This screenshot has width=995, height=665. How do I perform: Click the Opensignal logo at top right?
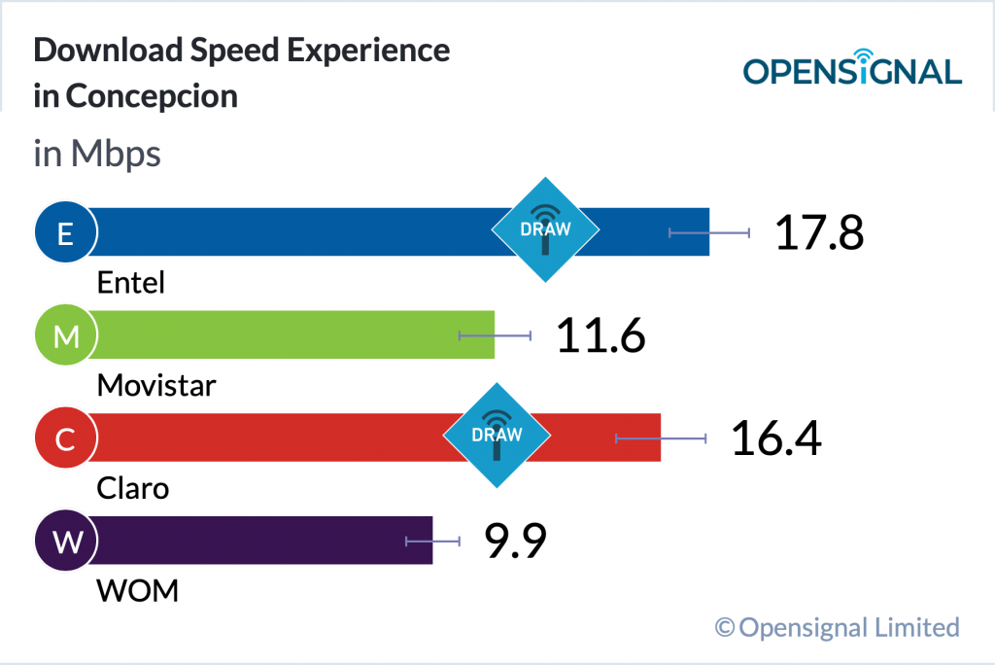click(852, 69)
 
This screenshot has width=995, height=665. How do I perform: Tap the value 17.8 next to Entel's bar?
click(818, 233)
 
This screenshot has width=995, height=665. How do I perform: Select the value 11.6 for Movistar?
click(600, 335)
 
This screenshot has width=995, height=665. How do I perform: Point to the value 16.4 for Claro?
click(775, 438)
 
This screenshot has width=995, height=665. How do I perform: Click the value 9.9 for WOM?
click(515, 542)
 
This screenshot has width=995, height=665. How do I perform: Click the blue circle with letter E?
click(65, 233)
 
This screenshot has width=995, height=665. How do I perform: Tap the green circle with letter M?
click(65, 336)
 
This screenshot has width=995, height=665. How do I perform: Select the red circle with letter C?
click(65, 439)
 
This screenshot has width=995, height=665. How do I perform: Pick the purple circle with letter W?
click(65, 542)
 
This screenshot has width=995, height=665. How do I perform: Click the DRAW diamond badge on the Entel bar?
click(545, 230)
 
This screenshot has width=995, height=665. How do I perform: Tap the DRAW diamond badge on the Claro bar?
click(497, 435)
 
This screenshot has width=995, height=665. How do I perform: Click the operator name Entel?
click(131, 283)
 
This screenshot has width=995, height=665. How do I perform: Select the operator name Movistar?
click(156, 386)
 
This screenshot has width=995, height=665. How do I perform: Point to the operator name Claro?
click(133, 487)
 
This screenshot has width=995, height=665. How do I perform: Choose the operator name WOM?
click(138, 590)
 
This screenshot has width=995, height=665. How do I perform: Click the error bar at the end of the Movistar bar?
click(495, 335)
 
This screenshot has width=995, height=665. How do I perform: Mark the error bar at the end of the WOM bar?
click(432, 542)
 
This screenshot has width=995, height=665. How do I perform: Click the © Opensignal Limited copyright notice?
click(837, 627)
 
